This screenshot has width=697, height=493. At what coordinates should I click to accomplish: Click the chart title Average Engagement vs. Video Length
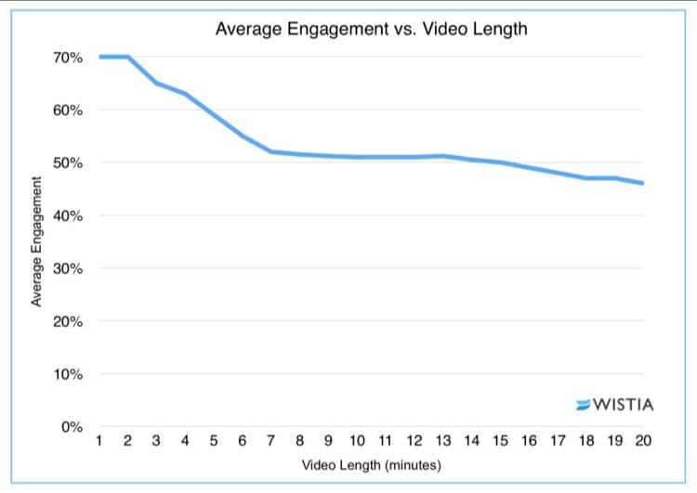(371, 29)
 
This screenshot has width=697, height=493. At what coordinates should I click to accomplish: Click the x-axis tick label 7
(271, 441)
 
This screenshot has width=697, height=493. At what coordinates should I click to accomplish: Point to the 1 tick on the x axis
(99, 441)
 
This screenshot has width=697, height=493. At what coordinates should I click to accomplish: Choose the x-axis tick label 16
(529, 441)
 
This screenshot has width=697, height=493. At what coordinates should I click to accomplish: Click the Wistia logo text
(623, 405)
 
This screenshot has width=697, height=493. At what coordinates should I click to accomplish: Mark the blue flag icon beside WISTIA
(583, 405)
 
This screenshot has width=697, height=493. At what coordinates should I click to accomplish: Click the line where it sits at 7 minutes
(271, 151)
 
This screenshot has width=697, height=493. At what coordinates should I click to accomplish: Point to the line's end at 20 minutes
(643, 183)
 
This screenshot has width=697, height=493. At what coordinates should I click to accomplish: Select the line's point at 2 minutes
(128, 57)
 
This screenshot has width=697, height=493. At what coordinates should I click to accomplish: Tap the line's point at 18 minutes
(585, 177)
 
